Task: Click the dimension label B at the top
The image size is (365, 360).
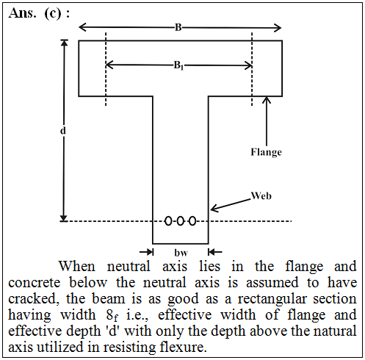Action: click(x=178, y=27)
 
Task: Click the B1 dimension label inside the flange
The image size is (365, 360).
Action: click(x=178, y=65)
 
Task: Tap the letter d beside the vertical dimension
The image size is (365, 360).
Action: click(x=63, y=131)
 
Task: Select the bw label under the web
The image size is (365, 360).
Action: click(x=181, y=253)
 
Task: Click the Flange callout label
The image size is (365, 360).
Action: click(x=266, y=152)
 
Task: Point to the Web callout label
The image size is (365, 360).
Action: click(x=261, y=196)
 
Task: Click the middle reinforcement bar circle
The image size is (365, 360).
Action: click(x=180, y=221)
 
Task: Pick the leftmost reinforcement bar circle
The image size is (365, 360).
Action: click(x=168, y=221)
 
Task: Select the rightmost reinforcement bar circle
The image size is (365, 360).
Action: click(x=193, y=221)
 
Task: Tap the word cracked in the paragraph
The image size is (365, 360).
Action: click(x=34, y=299)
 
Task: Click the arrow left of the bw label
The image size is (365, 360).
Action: click(x=147, y=252)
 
